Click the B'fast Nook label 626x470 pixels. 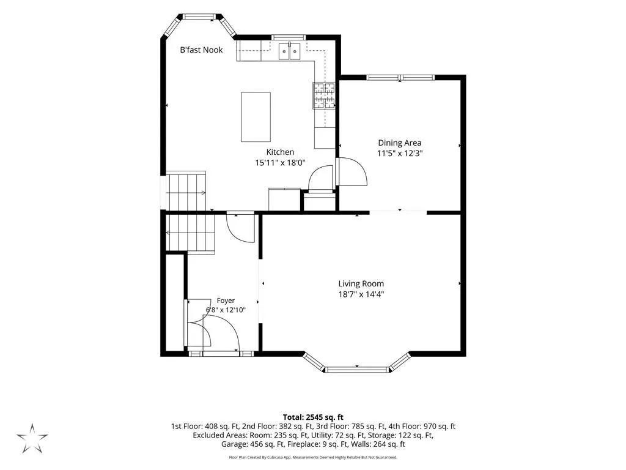point(201,50)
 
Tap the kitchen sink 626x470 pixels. point(289,51)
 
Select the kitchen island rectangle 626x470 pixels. point(256,117)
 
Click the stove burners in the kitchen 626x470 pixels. point(323,95)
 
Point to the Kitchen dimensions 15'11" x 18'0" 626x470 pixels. point(280,163)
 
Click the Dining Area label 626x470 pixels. point(400,143)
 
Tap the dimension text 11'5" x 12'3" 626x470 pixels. point(400,153)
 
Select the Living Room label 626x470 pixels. point(361,284)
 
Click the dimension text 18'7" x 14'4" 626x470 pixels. point(361,294)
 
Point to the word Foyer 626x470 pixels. point(226,300)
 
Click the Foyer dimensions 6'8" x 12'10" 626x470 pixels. point(226,310)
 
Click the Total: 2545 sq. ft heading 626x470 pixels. point(313,417)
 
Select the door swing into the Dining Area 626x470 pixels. point(352,172)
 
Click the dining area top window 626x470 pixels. point(400,78)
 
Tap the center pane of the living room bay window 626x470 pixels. point(357,369)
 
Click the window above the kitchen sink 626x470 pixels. point(289,37)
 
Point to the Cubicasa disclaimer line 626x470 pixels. point(313,457)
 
